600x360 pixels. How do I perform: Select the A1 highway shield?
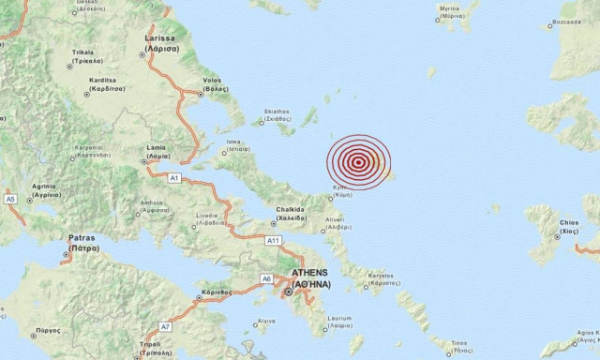coord(173,176)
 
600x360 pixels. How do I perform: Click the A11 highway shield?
coord(273,241)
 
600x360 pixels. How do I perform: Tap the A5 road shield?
coord(10,199)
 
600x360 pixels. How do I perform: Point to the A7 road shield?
coord(165,326)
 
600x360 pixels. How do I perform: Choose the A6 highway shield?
coord(267,278)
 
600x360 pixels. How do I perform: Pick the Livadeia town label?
coord(207,217)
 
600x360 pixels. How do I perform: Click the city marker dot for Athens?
coord(290,292)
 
